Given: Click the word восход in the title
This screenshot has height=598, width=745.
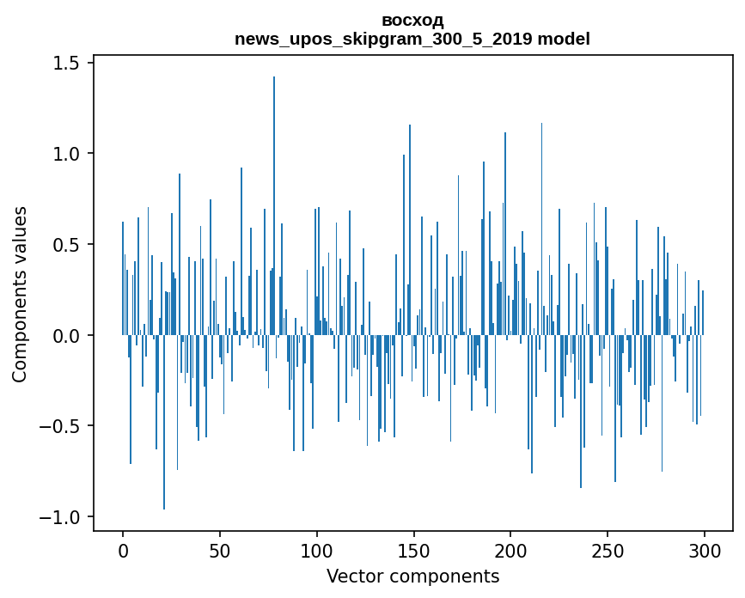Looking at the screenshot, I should (x=412, y=21).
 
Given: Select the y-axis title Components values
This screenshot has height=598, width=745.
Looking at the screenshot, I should (x=20, y=294).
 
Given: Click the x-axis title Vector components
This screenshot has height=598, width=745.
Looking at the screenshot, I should (x=412, y=577).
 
